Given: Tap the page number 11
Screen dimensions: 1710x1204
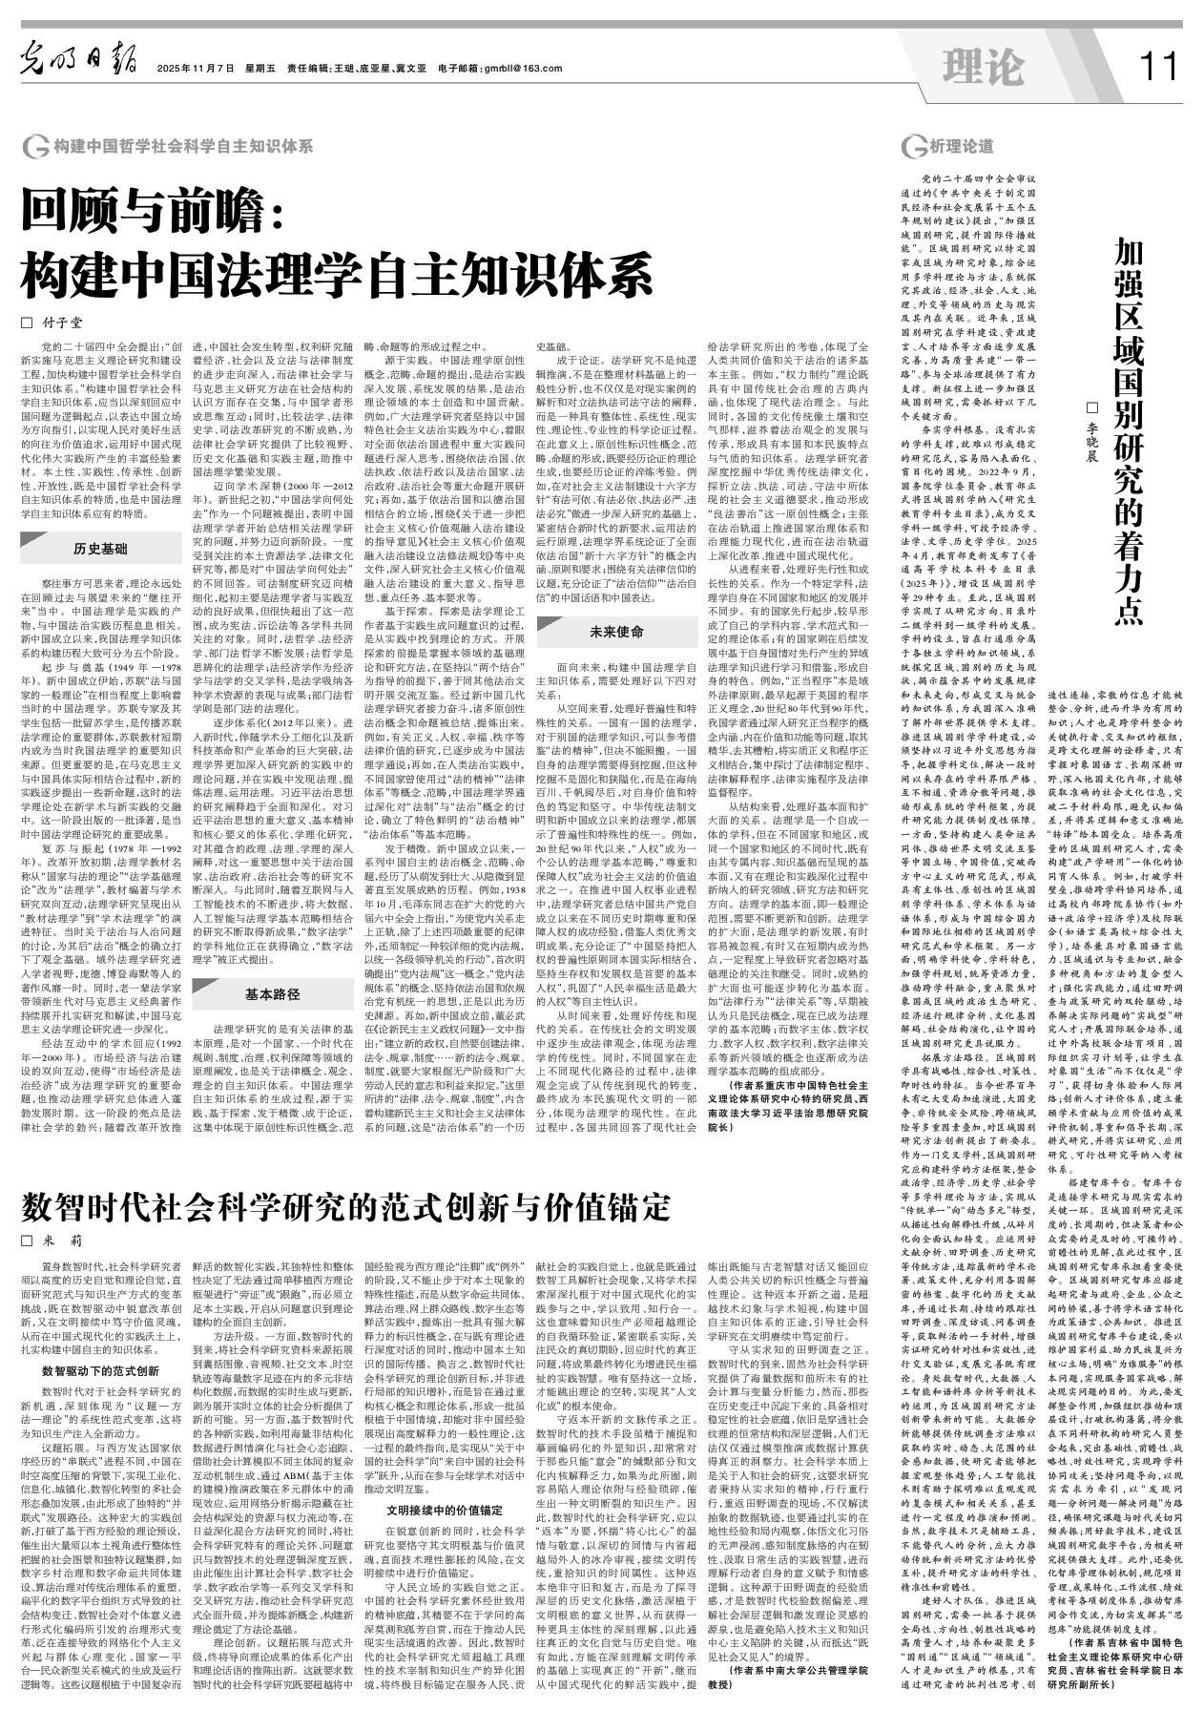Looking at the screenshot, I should [1159, 67].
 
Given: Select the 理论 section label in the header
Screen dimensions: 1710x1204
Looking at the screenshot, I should [982, 67].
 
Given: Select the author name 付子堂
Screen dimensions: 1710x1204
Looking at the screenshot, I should [77, 322].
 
